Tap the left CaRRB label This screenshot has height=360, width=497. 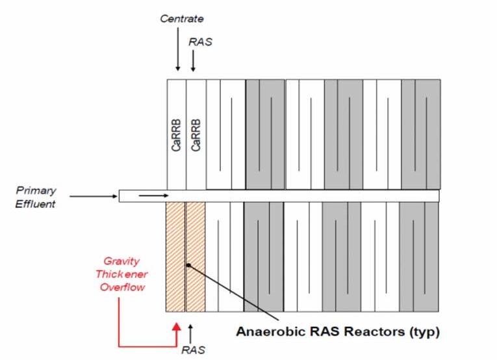point(177,135)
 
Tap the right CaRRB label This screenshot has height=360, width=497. point(196,135)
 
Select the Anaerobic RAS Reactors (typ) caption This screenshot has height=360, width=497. point(338,332)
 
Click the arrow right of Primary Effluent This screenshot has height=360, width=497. point(93,195)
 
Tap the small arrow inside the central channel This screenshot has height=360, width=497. point(155,194)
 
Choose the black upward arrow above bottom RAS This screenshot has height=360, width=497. point(190,333)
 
